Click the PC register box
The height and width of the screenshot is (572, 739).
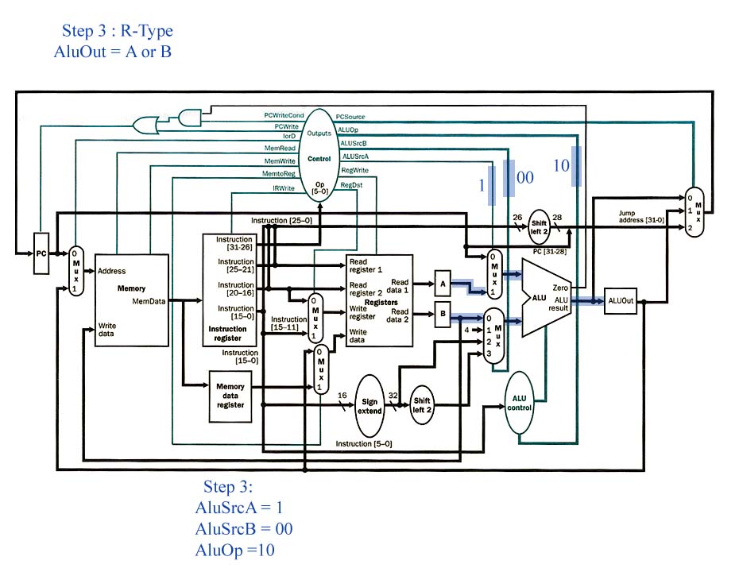(41, 253)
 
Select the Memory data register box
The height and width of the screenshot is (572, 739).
(230, 396)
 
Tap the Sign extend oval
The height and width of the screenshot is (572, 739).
(369, 406)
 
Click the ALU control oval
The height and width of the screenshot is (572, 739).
(519, 403)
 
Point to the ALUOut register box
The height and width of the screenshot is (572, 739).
(621, 300)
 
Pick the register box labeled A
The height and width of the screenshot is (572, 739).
(443, 283)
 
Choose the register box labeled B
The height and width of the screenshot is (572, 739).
(443, 315)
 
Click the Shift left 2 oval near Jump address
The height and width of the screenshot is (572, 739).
(539, 226)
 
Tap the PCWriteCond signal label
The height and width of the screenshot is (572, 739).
(284, 115)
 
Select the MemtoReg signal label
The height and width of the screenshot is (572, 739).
(279, 174)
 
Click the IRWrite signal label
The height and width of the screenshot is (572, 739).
(283, 188)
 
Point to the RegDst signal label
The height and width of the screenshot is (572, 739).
(351, 185)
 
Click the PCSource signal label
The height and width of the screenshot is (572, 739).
(350, 117)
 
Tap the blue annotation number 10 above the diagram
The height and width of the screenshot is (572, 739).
(561, 165)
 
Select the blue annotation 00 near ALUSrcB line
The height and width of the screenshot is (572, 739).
(525, 177)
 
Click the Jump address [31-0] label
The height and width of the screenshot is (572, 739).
(641, 217)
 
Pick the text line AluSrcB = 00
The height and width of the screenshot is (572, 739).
(244, 528)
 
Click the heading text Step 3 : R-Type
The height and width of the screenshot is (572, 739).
(118, 31)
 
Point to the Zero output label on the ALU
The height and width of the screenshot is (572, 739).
(560, 288)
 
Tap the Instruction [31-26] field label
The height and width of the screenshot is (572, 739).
(234, 243)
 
